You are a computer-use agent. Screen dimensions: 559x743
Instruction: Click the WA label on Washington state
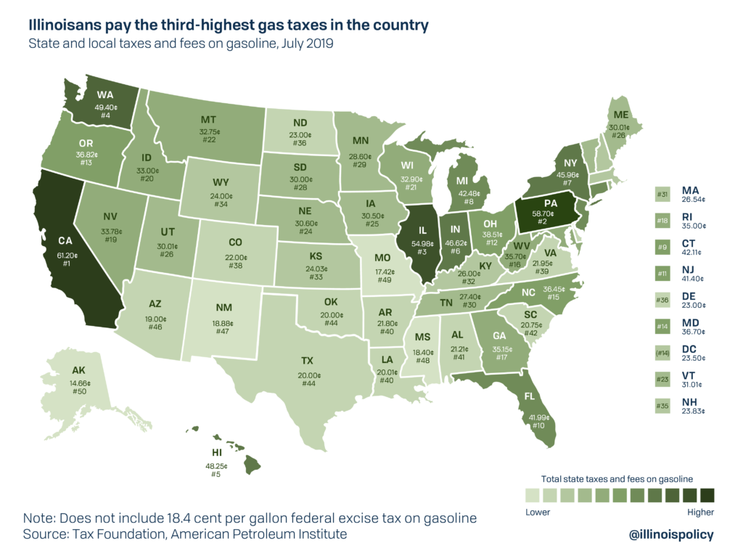[106, 94]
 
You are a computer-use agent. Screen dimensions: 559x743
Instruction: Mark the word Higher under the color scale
[699, 512]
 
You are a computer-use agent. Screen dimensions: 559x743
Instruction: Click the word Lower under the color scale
[537, 512]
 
